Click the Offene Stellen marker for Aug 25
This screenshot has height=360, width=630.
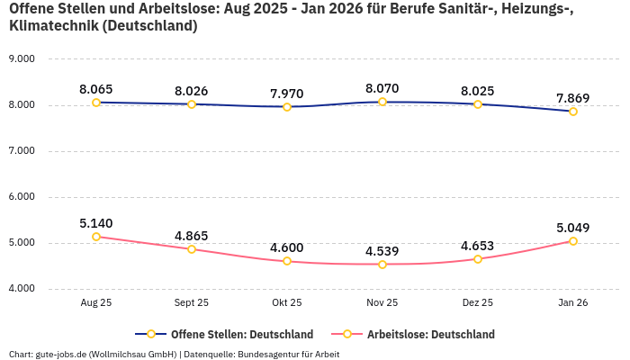pos(96,103)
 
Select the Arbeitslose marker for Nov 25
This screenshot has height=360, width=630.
pos(382,265)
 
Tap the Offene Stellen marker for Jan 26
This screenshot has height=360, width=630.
pos(572,112)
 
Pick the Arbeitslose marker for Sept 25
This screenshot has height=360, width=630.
pos(192,249)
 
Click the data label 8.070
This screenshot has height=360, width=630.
pos(382,89)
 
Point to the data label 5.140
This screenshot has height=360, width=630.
pos(96,223)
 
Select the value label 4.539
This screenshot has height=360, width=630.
pos(382,251)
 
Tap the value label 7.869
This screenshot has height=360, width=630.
pos(572,98)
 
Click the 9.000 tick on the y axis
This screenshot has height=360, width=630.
pos(21,59)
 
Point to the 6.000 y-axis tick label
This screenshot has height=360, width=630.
pos(21,197)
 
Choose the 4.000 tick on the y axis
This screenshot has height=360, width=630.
pos(21,289)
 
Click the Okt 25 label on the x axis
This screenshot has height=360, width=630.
pos(287,303)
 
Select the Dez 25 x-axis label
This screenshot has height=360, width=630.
pos(478,303)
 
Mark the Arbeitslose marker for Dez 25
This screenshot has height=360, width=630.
pos(478,259)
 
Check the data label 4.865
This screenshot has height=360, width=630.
pos(192,236)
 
